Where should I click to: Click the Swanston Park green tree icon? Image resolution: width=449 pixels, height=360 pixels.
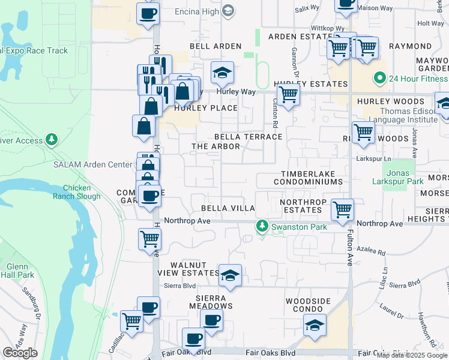pyautogui.click(x=262, y=226)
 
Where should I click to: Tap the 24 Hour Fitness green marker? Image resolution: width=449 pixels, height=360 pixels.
pyautogui.click(x=379, y=78)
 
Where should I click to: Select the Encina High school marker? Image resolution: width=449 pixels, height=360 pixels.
pyautogui.click(x=228, y=10)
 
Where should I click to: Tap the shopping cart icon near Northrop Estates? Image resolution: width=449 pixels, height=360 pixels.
pyautogui.click(x=342, y=211)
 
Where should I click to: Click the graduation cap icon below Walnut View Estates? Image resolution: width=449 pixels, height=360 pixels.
pyautogui.click(x=230, y=275)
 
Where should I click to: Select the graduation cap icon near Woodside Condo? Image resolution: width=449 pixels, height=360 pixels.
pyautogui.click(x=315, y=325)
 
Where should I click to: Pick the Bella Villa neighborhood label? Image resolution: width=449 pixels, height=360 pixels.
pyautogui.click(x=228, y=208)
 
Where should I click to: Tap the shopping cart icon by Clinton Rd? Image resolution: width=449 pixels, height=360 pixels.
pyautogui.click(x=289, y=94)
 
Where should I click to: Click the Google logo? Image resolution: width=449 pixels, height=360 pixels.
pyautogui.click(x=20, y=353)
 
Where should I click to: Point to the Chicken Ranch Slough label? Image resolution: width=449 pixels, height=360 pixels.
pyautogui.click(x=77, y=192)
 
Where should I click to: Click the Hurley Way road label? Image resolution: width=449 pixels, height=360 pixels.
pyautogui.click(x=237, y=92)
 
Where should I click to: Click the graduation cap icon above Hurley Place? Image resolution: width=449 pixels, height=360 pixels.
pyautogui.click(x=222, y=73)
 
